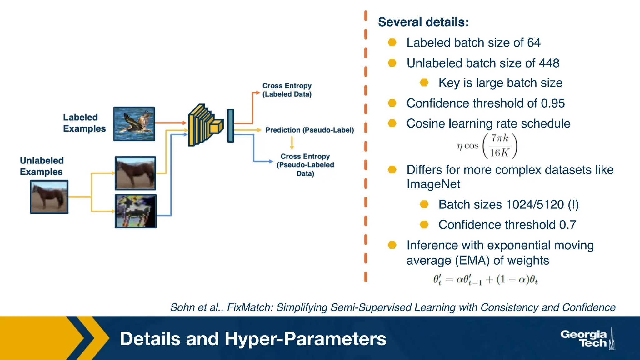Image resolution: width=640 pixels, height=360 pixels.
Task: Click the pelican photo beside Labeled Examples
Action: (134, 124)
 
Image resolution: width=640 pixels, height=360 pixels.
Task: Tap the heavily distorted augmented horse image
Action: (135, 211)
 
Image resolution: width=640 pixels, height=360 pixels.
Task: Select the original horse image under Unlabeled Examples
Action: (49, 197)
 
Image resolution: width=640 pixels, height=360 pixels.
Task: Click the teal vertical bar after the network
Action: (231, 126)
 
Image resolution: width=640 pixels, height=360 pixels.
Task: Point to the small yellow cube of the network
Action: (216, 127)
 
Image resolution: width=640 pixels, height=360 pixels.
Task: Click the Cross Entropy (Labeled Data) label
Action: (287, 90)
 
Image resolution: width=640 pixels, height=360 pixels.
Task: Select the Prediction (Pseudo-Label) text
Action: (309, 130)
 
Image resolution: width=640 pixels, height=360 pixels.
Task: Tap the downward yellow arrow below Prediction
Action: (292, 143)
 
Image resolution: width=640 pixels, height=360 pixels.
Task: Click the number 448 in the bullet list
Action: (549, 63)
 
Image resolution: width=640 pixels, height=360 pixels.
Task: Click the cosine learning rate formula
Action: (487, 146)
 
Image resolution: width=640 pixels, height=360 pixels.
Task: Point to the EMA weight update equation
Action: (485, 279)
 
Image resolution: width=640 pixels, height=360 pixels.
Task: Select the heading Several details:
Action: (423, 22)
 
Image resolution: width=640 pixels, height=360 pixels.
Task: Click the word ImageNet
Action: (433, 184)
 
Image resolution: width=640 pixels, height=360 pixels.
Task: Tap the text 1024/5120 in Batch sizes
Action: (535, 205)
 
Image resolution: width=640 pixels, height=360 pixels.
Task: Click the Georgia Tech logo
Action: (587, 339)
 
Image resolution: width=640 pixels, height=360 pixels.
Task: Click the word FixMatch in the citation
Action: (250, 307)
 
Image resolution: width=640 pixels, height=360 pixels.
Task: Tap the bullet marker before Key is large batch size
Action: (424, 83)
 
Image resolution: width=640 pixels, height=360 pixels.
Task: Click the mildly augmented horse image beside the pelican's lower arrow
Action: (135, 173)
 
